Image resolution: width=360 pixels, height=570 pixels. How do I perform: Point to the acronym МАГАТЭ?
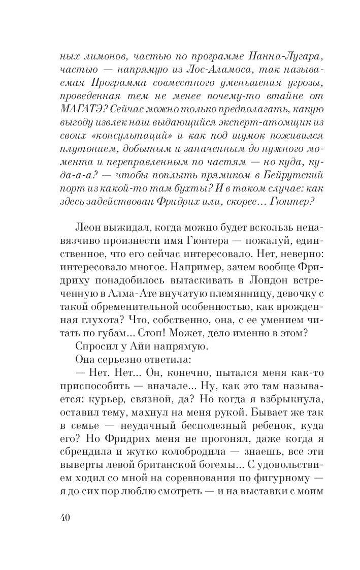tap(83, 111)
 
